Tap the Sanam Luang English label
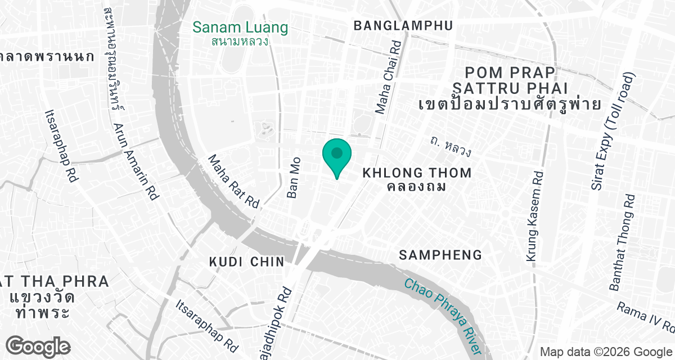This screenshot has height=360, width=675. click(x=240, y=27)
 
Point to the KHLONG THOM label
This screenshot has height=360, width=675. click(x=417, y=172)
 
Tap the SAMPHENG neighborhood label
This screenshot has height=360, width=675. click(x=440, y=255)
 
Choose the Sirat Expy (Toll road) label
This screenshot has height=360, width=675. click(x=614, y=130)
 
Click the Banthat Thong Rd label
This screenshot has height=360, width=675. click(x=623, y=242)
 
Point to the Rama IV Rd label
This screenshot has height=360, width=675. click(x=645, y=317)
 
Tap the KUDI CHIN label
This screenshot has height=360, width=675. click(x=246, y=262)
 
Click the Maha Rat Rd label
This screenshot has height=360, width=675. click(x=233, y=182)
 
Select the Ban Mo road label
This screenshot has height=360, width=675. click(x=293, y=177)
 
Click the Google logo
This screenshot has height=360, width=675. click(x=39, y=345)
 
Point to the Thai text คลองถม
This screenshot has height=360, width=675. click(x=417, y=186)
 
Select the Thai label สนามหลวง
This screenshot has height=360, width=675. click(x=240, y=41)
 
